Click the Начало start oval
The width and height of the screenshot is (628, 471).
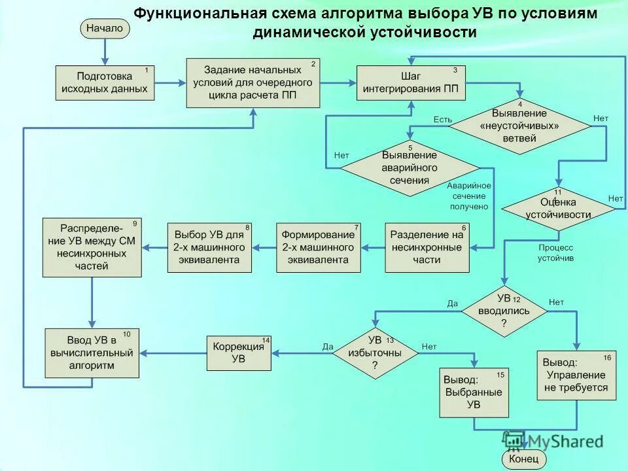105,28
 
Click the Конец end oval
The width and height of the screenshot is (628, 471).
523,460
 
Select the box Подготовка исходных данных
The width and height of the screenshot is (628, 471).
105,82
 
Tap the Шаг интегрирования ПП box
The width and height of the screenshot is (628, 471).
411,82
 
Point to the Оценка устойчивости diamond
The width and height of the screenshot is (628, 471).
558,209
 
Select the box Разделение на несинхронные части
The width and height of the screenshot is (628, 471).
427,247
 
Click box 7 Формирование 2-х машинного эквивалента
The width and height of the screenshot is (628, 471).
318,247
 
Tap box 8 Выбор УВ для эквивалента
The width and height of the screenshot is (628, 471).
209,247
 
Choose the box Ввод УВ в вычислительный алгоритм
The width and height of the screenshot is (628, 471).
92,353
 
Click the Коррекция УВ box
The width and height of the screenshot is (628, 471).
239,353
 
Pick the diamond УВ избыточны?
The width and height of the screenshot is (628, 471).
375,353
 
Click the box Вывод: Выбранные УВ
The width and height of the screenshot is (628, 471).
474,392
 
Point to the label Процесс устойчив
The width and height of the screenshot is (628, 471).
555,253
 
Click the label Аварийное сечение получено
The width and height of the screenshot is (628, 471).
468,196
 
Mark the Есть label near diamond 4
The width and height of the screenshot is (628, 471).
442,119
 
